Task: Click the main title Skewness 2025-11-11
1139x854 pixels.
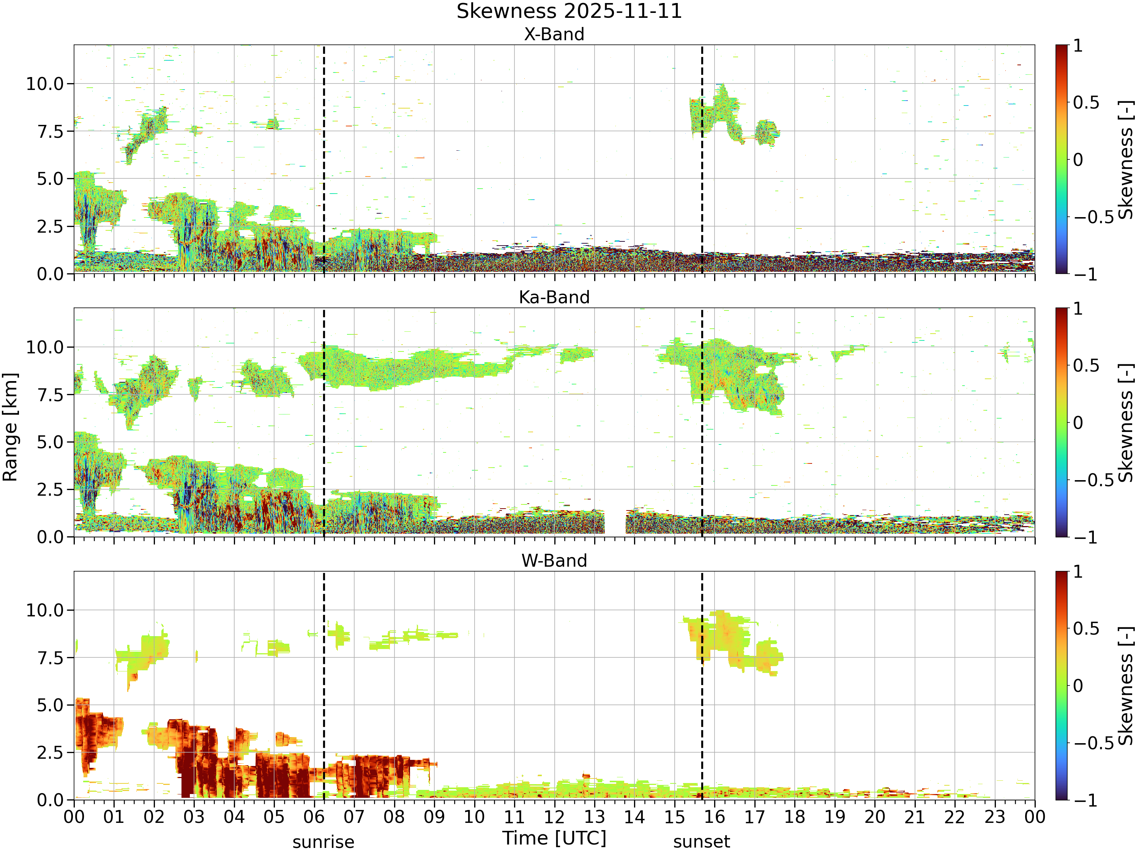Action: pyautogui.click(x=569, y=11)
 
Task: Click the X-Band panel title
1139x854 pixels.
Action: pyautogui.click(x=554, y=35)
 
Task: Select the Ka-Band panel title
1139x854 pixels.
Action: pyautogui.click(x=554, y=298)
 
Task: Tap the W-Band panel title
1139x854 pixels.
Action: pyautogui.click(x=554, y=561)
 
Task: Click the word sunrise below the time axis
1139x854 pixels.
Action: pyautogui.click(x=323, y=842)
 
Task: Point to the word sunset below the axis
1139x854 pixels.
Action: pyautogui.click(x=701, y=842)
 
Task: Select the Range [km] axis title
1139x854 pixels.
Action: pyautogui.click(x=10, y=427)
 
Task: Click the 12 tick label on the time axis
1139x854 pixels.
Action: pyautogui.click(x=555, y=817)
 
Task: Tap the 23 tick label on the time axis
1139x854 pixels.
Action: pyautogui.click(x=995, y=817)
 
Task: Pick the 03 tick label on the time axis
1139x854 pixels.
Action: pyautogui.click(x=194, y=817)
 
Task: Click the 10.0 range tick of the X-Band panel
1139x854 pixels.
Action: pyautogui.click(x=45, y=84)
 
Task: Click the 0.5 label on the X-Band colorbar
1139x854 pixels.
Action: pyautogui.click(x=1086, y=102)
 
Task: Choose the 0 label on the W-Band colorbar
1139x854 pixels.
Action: pyautogui.click(x=1078, y=686)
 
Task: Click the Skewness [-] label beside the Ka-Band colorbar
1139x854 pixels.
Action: pyautogui.click(x=1126, y=422)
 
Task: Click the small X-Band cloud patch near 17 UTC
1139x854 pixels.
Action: pyautogui.click(x=767, y=133)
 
